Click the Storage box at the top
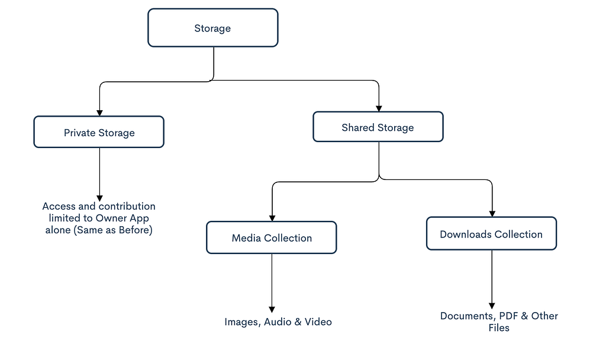click(212, 28)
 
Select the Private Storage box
click(99, 132)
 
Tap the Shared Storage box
click(378, 127)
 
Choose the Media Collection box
click(271, 237)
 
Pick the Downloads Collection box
click(491, 233)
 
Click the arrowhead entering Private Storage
click(99, 113)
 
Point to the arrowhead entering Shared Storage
click(379, 109)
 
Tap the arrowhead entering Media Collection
click(272, 218)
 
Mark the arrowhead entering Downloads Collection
click(492, 214)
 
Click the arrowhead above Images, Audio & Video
click(272, 310)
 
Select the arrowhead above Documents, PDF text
click(492, 306)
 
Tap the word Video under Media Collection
click(318, 322)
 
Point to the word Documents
click(468, 316)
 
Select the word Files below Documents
click(499, 328)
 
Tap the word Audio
click(278, 322)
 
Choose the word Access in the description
click(59, 206)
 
